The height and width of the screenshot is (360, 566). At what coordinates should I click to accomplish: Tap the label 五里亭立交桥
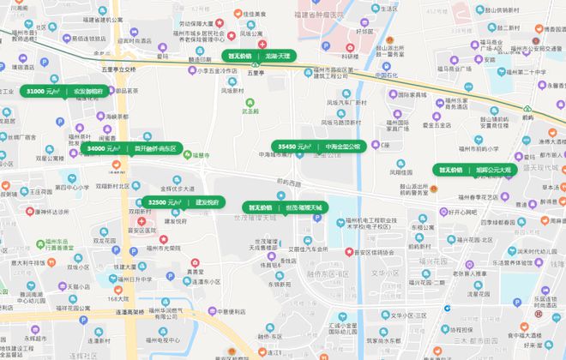[x=117, y=69]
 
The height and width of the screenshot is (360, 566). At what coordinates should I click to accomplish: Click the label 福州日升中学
[x=134, y=279]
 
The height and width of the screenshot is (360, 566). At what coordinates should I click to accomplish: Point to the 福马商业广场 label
[x=460, y=68]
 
